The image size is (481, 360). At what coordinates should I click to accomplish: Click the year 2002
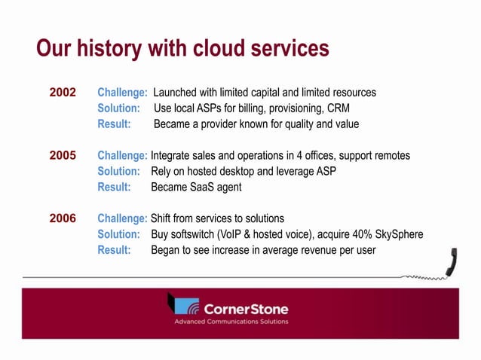[63, 93]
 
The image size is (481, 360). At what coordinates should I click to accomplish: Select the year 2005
[63, 156]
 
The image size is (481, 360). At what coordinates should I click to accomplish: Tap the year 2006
[63, 218]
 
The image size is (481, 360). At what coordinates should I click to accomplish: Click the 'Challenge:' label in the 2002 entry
[122, 93]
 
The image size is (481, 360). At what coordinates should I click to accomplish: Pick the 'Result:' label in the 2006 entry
[114, 250]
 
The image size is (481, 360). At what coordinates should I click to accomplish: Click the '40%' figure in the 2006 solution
[358, 234]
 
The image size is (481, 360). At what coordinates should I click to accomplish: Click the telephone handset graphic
[452, 264]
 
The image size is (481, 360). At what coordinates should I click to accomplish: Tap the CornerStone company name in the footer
[246, 309]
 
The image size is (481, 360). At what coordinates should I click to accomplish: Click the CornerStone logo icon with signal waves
[183, 305]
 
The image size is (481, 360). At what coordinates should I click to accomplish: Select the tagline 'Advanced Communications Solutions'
[231, 322]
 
